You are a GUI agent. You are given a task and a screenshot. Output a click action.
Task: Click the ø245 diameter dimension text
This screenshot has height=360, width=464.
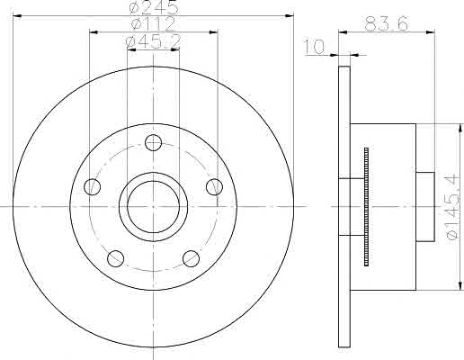coord(154,7)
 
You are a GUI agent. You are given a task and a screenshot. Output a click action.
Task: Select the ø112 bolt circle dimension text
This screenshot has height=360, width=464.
coord(154,23)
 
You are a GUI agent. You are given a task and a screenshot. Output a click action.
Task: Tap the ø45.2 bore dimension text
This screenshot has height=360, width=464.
coord(154,42)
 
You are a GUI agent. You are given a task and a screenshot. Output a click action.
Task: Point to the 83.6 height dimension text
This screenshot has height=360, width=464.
coord(387,23)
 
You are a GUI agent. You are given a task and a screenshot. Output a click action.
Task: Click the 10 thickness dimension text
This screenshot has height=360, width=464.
coord(315,47)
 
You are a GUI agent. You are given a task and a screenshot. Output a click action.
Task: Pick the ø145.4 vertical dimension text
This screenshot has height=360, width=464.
coord(453,207)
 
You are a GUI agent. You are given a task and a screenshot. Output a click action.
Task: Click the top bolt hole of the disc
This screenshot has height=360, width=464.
coord(153,142)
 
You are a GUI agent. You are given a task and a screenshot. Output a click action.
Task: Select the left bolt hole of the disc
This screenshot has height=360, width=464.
coord(93,187)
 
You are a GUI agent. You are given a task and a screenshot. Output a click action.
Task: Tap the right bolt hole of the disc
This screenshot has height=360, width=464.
coord(215,187)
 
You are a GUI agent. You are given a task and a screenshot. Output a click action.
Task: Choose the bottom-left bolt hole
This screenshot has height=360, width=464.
coord(116,258)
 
